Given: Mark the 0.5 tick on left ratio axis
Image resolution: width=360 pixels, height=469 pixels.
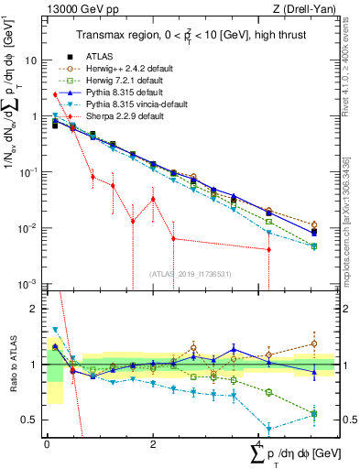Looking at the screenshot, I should tap(31, 420).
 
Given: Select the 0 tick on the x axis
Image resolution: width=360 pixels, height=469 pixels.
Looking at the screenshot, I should tap(48, 443).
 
